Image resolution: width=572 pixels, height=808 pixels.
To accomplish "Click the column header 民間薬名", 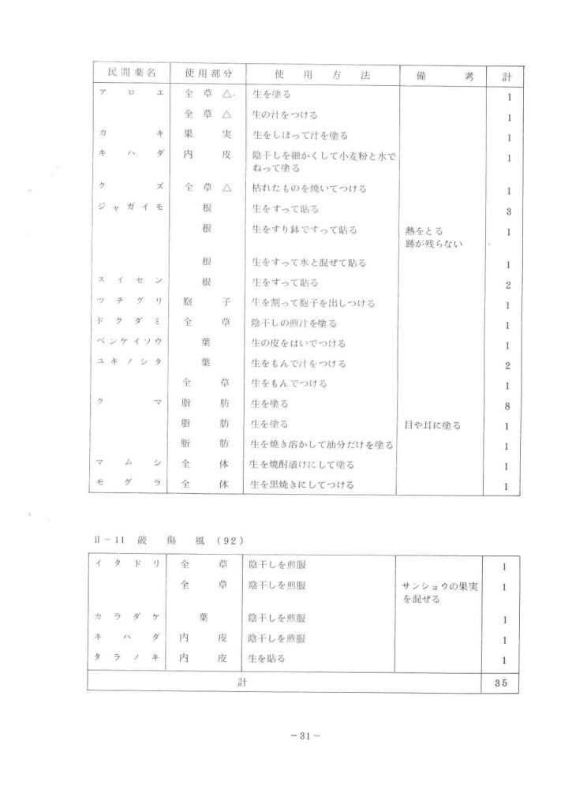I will pos(130,73).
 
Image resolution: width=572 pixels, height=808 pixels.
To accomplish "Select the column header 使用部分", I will pos(207,73).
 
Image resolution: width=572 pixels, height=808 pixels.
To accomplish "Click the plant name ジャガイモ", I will pos(130,210).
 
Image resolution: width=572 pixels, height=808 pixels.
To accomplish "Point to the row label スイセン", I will pos(130,282).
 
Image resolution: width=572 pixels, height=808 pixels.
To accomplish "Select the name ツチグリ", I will pos(130,303).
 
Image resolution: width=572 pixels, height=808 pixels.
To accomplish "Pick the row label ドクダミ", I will pos(130,324).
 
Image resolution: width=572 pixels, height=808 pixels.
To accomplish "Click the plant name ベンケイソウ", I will pos(130,344).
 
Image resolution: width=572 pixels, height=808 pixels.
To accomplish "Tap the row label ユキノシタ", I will pos(130,364).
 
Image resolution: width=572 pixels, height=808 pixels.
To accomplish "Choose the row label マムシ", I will pos(130,465).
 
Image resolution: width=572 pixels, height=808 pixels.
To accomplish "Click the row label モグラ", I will pos(130,484).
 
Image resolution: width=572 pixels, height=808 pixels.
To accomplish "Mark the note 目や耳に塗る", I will pos(432,425).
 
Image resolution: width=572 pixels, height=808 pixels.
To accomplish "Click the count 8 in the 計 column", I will pos(508,405).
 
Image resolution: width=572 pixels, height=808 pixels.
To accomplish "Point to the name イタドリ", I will pos(130,565).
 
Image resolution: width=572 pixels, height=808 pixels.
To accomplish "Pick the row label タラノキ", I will pos(130,658).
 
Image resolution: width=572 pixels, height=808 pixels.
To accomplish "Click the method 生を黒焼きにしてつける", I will pos(302,484).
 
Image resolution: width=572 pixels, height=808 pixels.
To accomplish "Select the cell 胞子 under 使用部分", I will pos(207,303).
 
